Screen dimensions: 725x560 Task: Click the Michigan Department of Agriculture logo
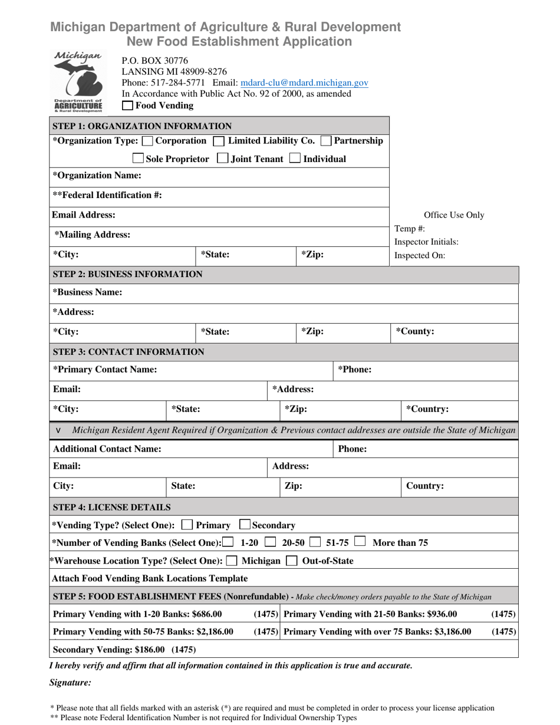pyautogui.click(x=78, y=81)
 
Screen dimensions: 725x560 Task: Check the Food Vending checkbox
pyautogui.click(x=127, y=106)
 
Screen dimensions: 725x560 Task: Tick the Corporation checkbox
pyautogui.click(x=149, y=141)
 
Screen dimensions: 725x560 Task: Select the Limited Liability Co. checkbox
pyautogui.click(x=219, y=141)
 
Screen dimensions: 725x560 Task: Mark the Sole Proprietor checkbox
pyautogui.click(x=139, y=159)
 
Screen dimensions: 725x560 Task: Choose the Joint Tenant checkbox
pyautogui.click(x=223, y=159)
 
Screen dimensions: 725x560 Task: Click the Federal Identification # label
pyautogui.click(x=107, y=195)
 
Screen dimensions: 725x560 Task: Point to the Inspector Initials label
pyautogui.click(x=426, y=242)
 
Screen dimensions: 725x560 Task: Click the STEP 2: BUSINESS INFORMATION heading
pyautogui.click(x=128, y=274)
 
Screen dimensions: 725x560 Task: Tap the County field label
pyautogui.click(x=415, y=332)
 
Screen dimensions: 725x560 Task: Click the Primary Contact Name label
pyautogui.click(x=105, y=370)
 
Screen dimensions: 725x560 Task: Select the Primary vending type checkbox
pyautogui.click(x=187, y=525)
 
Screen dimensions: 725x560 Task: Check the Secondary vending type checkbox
pyautogui.click(x=245, y=525)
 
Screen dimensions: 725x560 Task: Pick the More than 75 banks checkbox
pyautogui.click(x=360, y=542)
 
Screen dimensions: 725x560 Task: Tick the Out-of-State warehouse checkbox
pyautogui.click(x=291, y=561)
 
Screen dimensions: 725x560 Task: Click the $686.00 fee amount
pyautogui.click(x=207, y=614)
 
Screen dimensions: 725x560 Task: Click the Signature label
pyautogui.click(x=70, y=683)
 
